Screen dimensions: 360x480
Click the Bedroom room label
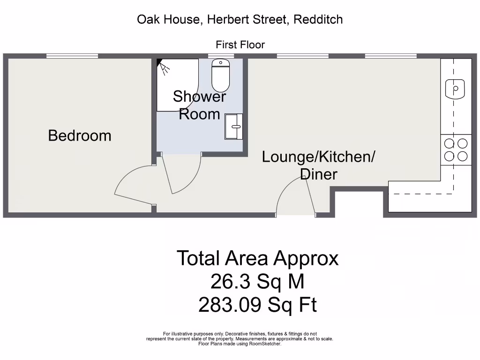80,136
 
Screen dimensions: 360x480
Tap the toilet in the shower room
221,76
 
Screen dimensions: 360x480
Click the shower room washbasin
234,126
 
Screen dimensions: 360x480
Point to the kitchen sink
455,89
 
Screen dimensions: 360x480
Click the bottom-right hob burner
462,157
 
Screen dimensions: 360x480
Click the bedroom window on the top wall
72,56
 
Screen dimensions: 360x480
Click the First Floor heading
240,45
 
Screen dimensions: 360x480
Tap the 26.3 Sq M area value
257,282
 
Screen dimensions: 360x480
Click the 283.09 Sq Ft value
257,306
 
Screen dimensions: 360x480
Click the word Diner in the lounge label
318,174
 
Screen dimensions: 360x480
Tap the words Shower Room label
199,105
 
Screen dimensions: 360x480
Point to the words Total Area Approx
257,258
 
